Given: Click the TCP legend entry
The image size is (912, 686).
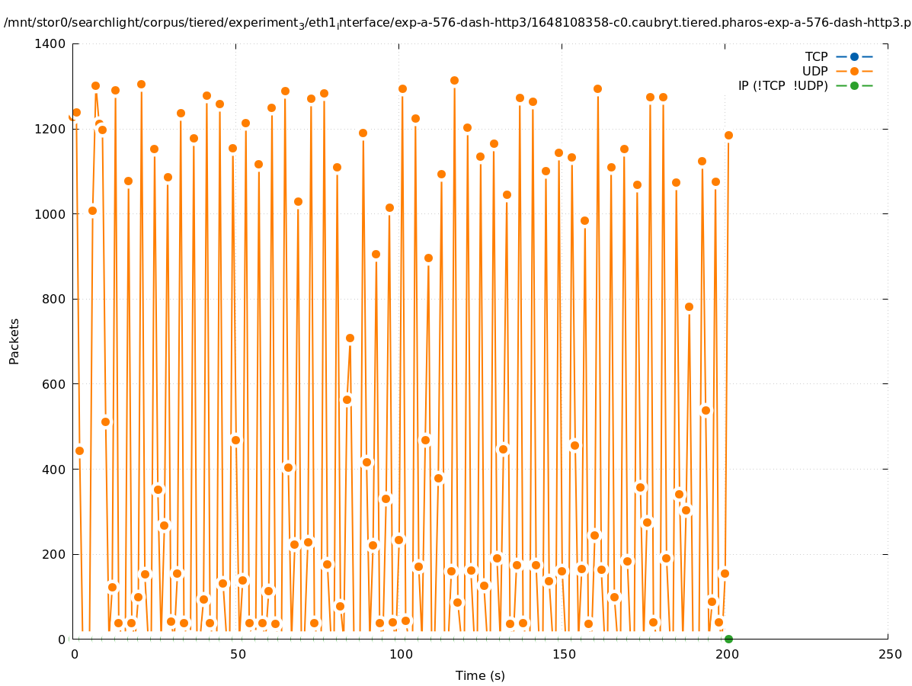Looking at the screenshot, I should click(816, 56).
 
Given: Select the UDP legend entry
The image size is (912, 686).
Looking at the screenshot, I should click(814, 71).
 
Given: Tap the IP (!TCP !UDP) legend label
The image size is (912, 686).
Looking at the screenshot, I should click(782, 85).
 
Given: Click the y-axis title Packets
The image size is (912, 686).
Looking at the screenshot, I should click(14, 341).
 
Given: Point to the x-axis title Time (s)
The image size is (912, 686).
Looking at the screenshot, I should click(480, 675).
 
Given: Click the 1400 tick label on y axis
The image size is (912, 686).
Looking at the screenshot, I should click(50, 43).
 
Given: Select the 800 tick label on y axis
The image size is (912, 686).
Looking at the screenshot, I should click(53, 299).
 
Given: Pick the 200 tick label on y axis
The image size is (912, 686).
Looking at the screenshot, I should click(53, 554).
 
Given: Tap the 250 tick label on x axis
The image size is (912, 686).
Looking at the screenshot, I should click(889, 654).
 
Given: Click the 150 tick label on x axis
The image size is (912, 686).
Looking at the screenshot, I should click(563, 654).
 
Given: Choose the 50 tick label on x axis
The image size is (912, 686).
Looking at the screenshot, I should click(237, 654).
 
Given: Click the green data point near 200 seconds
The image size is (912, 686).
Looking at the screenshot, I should click(728, 639).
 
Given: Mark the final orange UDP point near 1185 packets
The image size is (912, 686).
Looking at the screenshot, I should click(728, 135).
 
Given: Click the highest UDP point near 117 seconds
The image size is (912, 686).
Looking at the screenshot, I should click(454, 80).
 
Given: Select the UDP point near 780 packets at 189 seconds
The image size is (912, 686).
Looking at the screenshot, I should click(689, 306).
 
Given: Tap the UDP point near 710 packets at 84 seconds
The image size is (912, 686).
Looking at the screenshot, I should click(350, 338).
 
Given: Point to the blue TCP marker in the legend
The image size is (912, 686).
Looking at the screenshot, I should click(854, 56).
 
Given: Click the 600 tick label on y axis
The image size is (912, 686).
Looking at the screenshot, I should click(53, 384).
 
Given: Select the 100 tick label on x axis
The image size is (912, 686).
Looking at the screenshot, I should click(400, 654).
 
